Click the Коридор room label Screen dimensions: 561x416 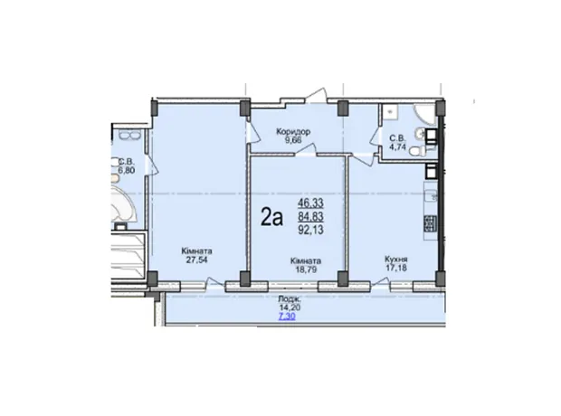coord(293,132)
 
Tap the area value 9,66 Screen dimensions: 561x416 coord(293,140)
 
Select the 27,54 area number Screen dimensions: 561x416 coord(196,259)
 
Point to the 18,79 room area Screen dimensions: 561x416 coord(306,269)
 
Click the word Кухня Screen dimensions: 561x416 coord(396,259)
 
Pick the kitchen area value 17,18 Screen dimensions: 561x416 coord(396,268)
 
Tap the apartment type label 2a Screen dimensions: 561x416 coord(272,217)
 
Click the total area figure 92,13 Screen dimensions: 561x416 coord(310,230)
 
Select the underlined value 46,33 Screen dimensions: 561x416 coord(310,203)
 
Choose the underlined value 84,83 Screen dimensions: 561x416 coord(310,216)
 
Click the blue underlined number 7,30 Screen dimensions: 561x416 coord(287,317)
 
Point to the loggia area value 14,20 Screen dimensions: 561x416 coord(290,307)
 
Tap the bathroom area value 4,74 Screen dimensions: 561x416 coord(397,147)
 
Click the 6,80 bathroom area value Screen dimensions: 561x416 coord(127,170)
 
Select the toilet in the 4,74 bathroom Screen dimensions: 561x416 coord(419,151)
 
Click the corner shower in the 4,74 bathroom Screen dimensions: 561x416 coord(424,114)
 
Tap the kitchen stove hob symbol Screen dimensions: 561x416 coord(430,224)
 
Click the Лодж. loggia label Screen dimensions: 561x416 coord(290,299)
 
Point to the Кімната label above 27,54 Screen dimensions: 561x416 coord(196,251)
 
